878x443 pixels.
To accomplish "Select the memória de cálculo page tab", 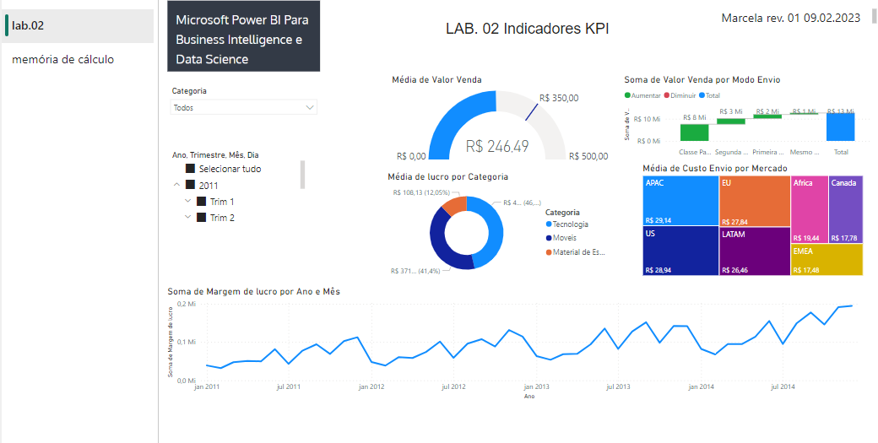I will coord(62,59).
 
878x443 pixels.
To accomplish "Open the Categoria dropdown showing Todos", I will coord(244,108).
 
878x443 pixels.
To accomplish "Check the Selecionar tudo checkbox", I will coord(191,169).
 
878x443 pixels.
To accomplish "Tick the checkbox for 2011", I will coord(191,185).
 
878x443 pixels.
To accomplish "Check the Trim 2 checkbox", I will coord(202,218).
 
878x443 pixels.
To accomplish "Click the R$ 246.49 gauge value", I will coord(496,146).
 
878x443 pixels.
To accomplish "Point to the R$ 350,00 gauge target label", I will coord(559,98).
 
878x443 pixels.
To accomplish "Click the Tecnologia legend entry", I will coord(570,224).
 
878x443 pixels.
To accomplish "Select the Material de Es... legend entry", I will coord(578,252).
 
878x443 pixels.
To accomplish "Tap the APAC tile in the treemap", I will coord(680,201).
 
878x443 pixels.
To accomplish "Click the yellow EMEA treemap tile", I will coord(827,260).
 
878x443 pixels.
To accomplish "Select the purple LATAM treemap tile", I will coord(754,251).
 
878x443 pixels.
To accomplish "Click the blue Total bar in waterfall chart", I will coord(841,127).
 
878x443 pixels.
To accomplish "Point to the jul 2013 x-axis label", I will coord(618,387).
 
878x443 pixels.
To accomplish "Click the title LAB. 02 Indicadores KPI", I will coord(527,29).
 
